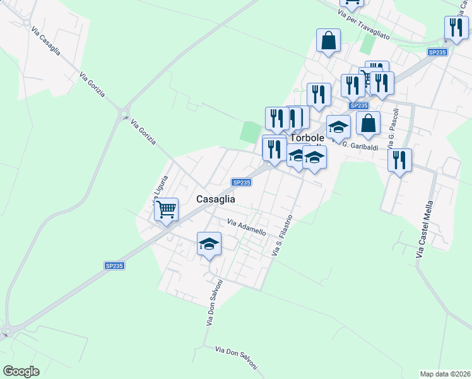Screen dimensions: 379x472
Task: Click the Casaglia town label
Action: point(216,198)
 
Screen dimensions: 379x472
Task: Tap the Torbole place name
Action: point(307,138)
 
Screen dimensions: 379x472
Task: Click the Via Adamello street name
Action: point(247,227)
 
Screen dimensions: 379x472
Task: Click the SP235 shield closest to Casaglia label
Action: point(242,183)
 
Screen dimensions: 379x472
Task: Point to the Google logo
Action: point(21,371)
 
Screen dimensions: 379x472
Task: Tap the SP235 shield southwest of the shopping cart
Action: point(114,266)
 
